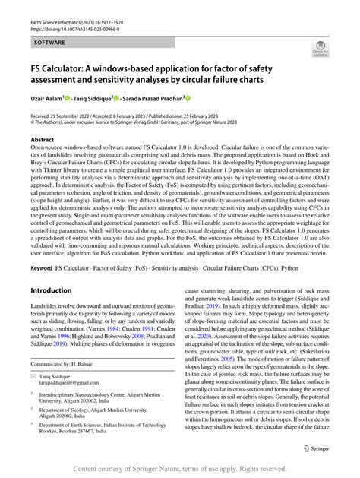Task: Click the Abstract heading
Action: (43, 140)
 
